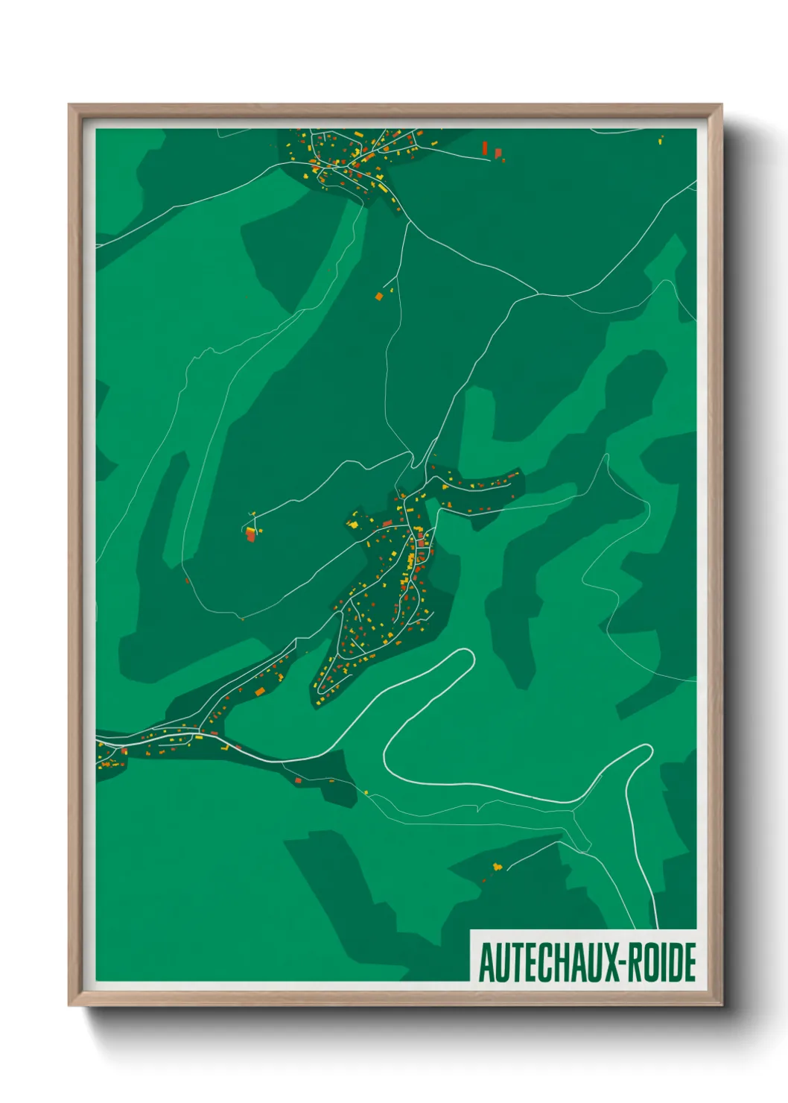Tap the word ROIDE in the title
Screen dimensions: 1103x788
coord(662,962)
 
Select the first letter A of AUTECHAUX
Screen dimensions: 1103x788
coord(486,962)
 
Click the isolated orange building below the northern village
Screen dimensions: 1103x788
coord(378,296)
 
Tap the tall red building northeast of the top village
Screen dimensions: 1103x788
coord(486,148)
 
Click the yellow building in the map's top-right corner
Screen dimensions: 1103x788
coord(661,139)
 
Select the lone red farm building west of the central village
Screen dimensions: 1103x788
coord(251,534)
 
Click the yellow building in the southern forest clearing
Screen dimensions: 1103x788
coord(497,865)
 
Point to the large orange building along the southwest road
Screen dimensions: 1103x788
coord(260,692)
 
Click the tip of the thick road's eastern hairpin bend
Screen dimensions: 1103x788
coord(646,748)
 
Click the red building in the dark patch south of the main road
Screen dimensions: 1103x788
coord(298,780)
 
